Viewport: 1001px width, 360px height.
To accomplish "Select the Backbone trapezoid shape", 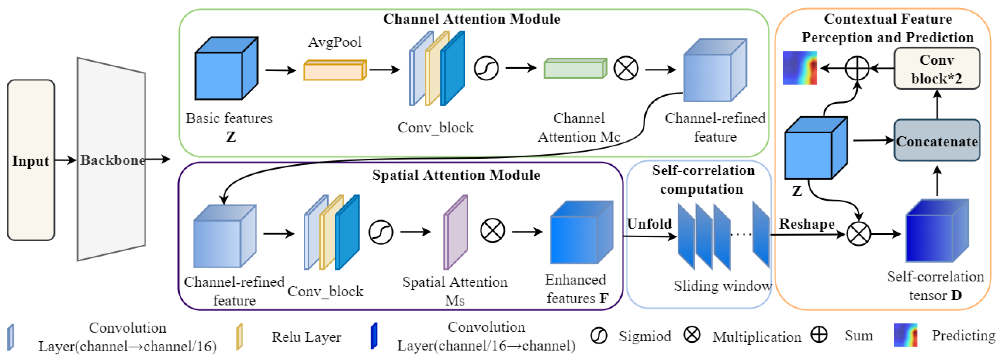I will coord(111,160).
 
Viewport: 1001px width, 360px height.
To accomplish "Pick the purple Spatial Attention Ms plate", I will coord(455,232).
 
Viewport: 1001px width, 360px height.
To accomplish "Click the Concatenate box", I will coord(937,141).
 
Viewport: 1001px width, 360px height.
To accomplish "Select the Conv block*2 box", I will coord(937,69).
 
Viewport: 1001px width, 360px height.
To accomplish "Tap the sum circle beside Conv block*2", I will coord(857,68).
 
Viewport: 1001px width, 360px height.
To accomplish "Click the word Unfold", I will coord(649,224).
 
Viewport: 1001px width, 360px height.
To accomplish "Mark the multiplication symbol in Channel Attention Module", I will coord(626,68).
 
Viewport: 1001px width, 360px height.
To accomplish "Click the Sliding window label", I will coord(722,286).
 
